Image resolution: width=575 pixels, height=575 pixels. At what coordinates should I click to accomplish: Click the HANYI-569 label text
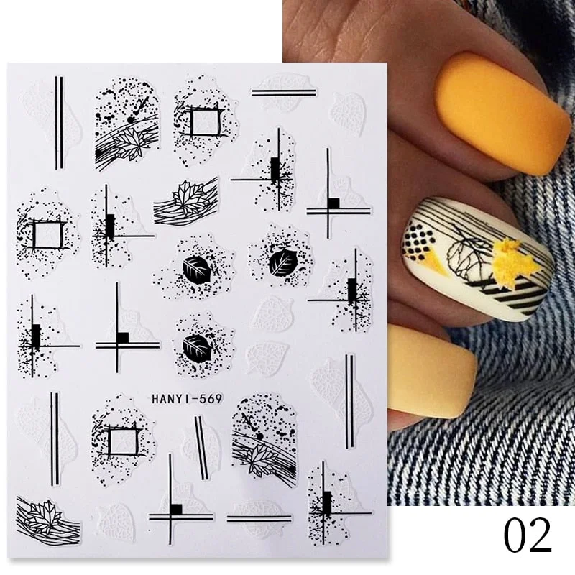click(x=180, y=400)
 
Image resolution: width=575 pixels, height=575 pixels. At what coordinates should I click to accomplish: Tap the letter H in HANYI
click(x=155, y=400)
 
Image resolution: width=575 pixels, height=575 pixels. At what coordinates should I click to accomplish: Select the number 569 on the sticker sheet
click(x=199, y=400)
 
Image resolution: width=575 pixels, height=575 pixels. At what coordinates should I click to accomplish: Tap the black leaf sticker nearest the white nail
click(x=280, y=262)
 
